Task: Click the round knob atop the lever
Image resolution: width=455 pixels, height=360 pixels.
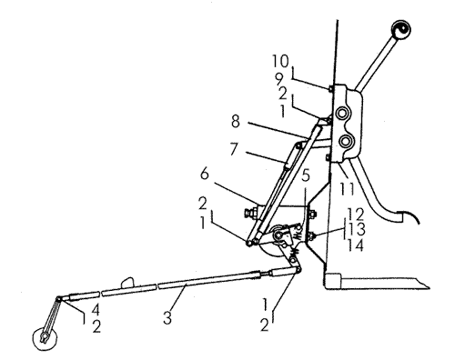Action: [400, 29]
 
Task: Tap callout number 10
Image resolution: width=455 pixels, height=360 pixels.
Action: [280, 62]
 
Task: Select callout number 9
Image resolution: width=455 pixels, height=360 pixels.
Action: [279, 79]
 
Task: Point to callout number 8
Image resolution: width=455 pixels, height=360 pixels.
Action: [235, 121]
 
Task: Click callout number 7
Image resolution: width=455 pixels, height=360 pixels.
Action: [234, 149]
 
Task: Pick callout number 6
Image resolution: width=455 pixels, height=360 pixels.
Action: [205, 174]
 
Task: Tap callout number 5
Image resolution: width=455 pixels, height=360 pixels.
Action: [306, 175]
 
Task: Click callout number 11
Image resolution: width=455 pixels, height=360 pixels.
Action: [347, 189]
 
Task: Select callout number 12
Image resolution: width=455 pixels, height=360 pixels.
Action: [355, 215]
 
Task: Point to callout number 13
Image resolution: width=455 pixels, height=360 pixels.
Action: [357, 229]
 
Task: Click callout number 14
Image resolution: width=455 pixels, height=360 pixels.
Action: [355, 245]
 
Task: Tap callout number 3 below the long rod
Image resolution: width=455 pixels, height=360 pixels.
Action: [167, 318]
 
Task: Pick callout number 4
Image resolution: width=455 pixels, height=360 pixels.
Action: [96, 310]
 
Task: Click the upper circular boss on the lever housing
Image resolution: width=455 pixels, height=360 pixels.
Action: [343, 114]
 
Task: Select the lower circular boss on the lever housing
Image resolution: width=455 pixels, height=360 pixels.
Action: [345, 141]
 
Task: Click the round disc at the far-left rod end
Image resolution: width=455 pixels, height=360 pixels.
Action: [45, 338]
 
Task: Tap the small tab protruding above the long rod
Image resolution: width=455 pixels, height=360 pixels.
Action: [127, 283]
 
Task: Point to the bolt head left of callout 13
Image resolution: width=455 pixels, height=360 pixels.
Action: [311, 236]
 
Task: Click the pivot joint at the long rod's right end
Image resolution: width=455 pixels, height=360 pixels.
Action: [298, 269]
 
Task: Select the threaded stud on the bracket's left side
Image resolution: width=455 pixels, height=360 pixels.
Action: [250, 213]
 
